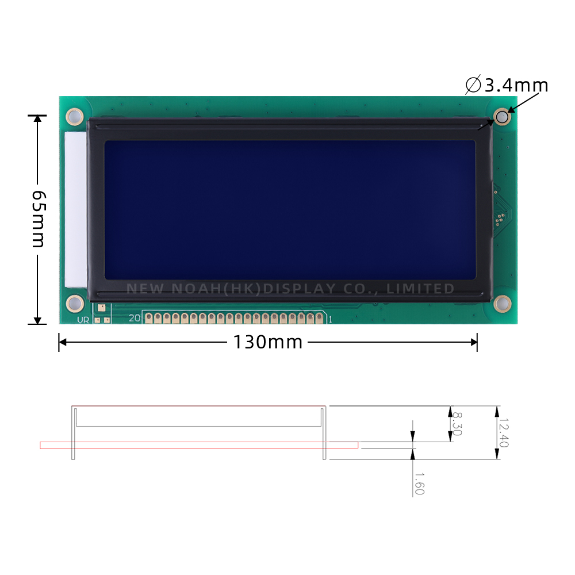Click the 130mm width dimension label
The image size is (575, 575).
[x=267, y=342]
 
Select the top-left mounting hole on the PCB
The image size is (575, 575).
[x=74, y=117]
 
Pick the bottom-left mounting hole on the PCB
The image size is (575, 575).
[x=74, y=302]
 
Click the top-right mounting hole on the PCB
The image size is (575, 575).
[x=502, y=117]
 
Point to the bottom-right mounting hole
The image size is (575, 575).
[x=502, y=303]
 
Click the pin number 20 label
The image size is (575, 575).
[x=135, y=317]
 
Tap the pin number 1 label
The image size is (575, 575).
[x=329, y=318]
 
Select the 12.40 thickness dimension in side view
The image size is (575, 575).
[x=504, y=432]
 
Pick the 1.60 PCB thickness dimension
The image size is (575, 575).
[x=419, y=484]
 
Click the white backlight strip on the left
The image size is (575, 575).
[x=75, y=210]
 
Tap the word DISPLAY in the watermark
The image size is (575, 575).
[x=299, y=289]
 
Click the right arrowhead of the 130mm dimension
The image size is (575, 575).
[x=473, y=342]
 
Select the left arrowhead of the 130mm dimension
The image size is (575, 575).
[x=63, y=342]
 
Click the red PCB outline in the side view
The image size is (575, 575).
[x=198, y=445]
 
